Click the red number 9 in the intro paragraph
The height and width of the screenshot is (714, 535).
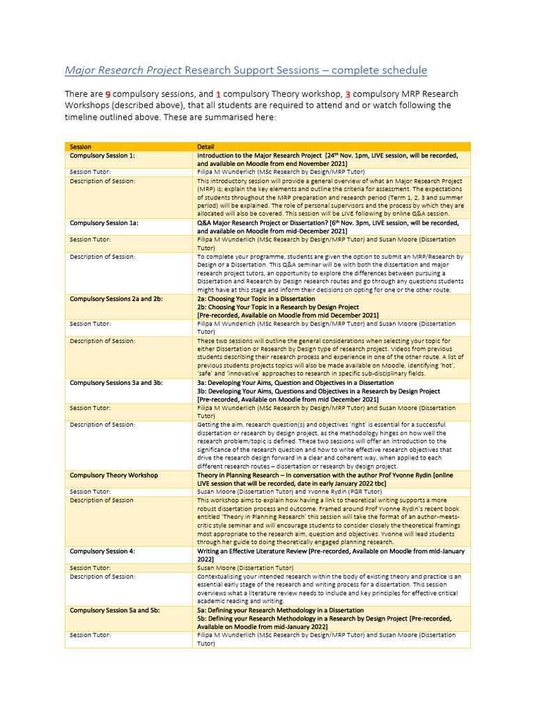click(x=108, y=94)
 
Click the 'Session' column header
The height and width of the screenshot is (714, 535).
click(x=81, y=146)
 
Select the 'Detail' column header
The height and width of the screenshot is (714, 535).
click(x=206, y=146)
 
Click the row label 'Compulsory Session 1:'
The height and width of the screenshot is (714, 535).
click(x=102, y=155)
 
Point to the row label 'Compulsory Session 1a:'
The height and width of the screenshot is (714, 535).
click(x=104, y=223)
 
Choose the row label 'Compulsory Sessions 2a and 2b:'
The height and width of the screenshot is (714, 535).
click(x=116, y=298)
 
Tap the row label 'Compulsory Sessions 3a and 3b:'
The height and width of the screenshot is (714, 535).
click(x=116, y=383)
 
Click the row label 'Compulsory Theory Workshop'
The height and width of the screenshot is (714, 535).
click(x=114, y=475)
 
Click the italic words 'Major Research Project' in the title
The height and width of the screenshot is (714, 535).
click(x=123, y=70)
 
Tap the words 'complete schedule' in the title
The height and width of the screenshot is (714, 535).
click(x=379, y=70)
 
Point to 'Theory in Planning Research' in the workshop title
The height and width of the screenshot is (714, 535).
click(x=240, y=475)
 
